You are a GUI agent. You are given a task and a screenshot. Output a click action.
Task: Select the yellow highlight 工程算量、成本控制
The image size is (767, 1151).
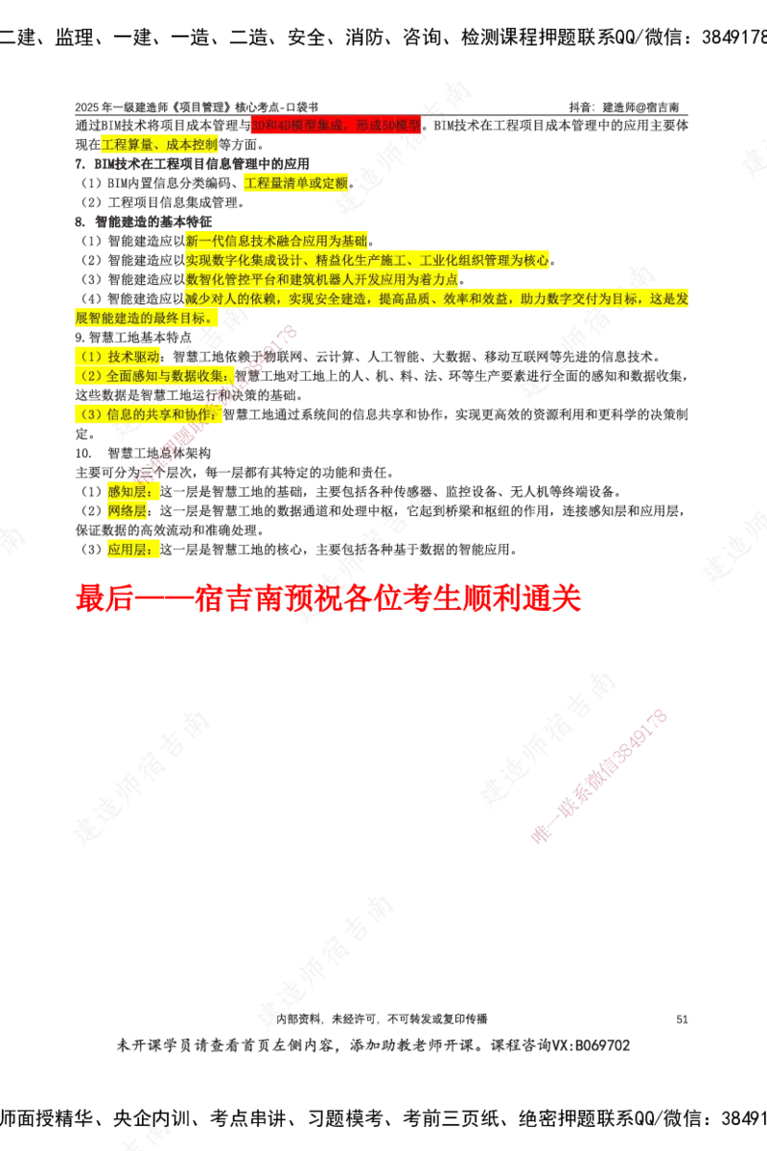[159, 145]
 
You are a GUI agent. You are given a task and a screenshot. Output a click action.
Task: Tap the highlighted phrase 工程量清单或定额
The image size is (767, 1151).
[296, 182]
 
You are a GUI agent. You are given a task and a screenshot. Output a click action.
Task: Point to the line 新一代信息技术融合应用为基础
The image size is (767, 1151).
[276, 240]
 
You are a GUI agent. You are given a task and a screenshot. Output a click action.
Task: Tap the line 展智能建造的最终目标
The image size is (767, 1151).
[144, 318]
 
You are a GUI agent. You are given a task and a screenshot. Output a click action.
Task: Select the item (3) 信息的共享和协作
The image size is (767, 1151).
[149, 414]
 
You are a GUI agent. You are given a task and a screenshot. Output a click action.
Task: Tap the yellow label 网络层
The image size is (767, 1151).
[129, 511]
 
